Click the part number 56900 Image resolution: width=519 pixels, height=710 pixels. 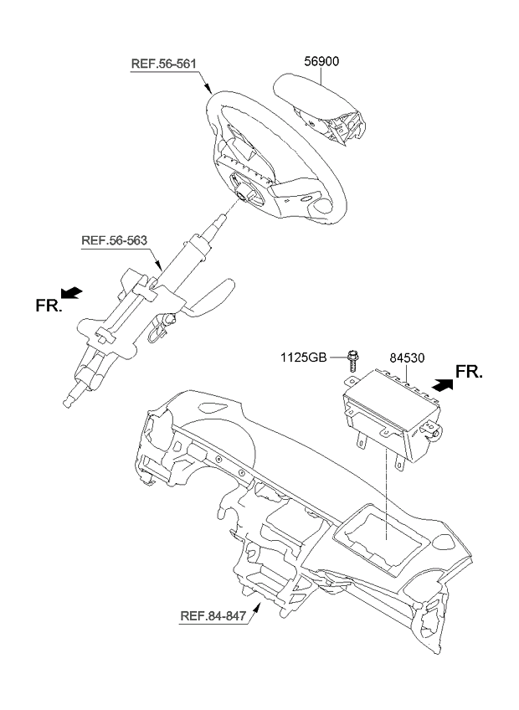[x=321, y=61]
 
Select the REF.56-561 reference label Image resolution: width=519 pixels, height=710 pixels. [x=163, y=64]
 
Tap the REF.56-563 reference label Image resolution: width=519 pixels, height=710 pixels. [x=114, y=240]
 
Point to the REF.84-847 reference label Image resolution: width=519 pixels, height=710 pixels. [x=213, y=615]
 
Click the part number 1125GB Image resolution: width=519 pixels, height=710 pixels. [x=303, y=358]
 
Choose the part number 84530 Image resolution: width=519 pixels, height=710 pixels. [x=407, y=358]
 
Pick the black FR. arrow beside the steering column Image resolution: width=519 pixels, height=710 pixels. [x=71, y=293]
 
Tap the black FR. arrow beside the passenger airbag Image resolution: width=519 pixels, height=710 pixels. [x=443, y=385]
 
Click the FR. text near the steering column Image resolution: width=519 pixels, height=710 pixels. [x=49, y=306]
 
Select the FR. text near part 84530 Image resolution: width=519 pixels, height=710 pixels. [x=469, y=372]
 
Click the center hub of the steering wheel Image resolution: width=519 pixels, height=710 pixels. [x=244, y=193]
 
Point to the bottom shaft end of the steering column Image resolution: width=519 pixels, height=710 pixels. [x=69, y=402]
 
